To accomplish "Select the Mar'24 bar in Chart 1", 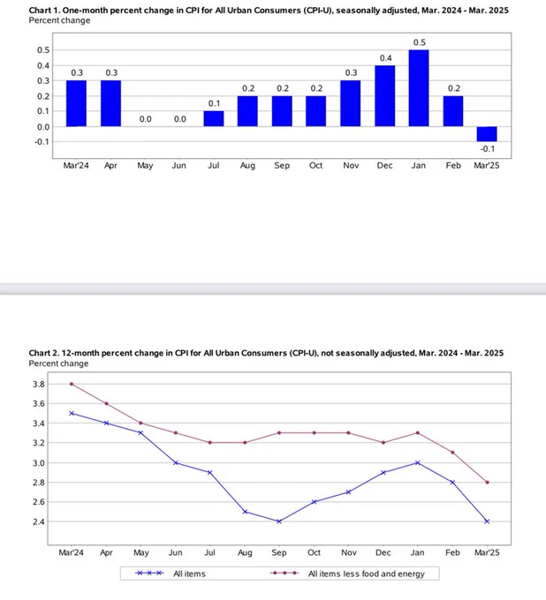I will [76, 103].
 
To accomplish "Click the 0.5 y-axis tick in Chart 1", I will [42, 49].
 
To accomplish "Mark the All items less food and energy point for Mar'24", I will [71, 384].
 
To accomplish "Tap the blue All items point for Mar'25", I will [488, 521].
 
